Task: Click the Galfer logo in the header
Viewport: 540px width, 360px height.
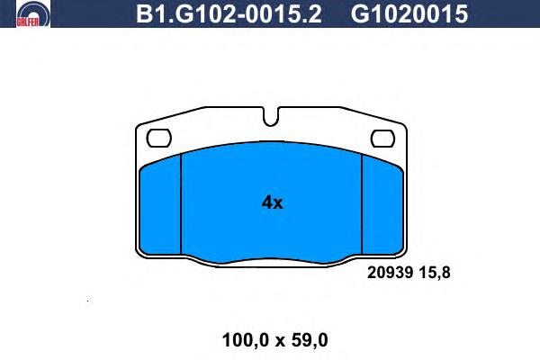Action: point(33,13)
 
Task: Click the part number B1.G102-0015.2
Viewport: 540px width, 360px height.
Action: point(229,14)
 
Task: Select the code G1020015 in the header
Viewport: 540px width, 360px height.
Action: point(409,14)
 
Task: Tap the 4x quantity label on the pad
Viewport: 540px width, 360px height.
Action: point(272,202)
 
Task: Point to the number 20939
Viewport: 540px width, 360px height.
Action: point(390,273)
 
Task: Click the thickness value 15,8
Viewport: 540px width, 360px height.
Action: point(435,273)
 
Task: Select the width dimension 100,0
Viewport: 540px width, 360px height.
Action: point(245,340)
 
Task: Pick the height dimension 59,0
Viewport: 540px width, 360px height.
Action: point(310,340)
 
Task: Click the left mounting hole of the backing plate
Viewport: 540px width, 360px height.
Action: point(158,138)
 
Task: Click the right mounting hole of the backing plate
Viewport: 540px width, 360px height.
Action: point(382,139)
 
